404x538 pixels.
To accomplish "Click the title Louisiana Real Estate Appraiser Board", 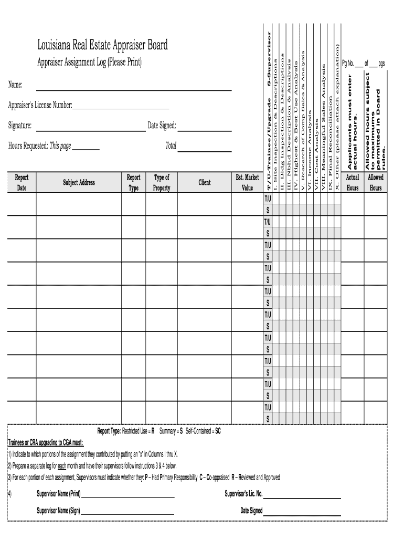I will (102, 46).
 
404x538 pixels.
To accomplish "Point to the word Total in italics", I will (171, 146).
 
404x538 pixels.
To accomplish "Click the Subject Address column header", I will (79, 182).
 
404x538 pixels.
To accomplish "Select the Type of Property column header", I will (162, 182).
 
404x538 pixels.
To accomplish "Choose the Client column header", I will (205, 182).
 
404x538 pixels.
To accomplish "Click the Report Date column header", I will (22, 182).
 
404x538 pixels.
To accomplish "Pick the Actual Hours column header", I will (353, 182).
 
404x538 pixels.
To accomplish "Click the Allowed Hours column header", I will (376, 182).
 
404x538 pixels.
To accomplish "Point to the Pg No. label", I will (348, 64).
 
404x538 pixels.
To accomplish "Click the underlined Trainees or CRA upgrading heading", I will (46, 442).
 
